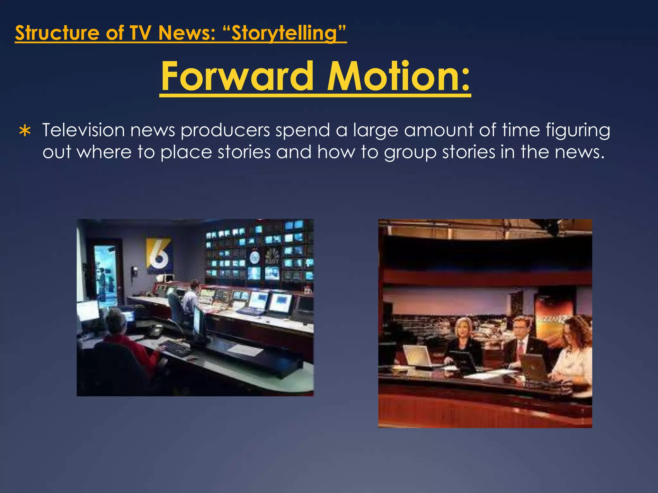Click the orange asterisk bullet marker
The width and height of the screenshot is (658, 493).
click(25, 132)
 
